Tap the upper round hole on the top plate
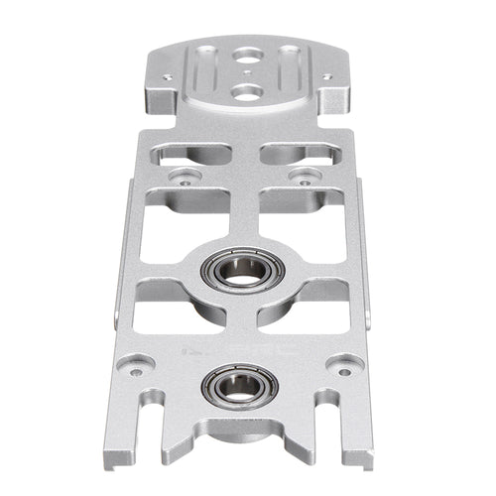[246, 59]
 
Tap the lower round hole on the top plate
[245, 91]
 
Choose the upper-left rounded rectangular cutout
[190, 154]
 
